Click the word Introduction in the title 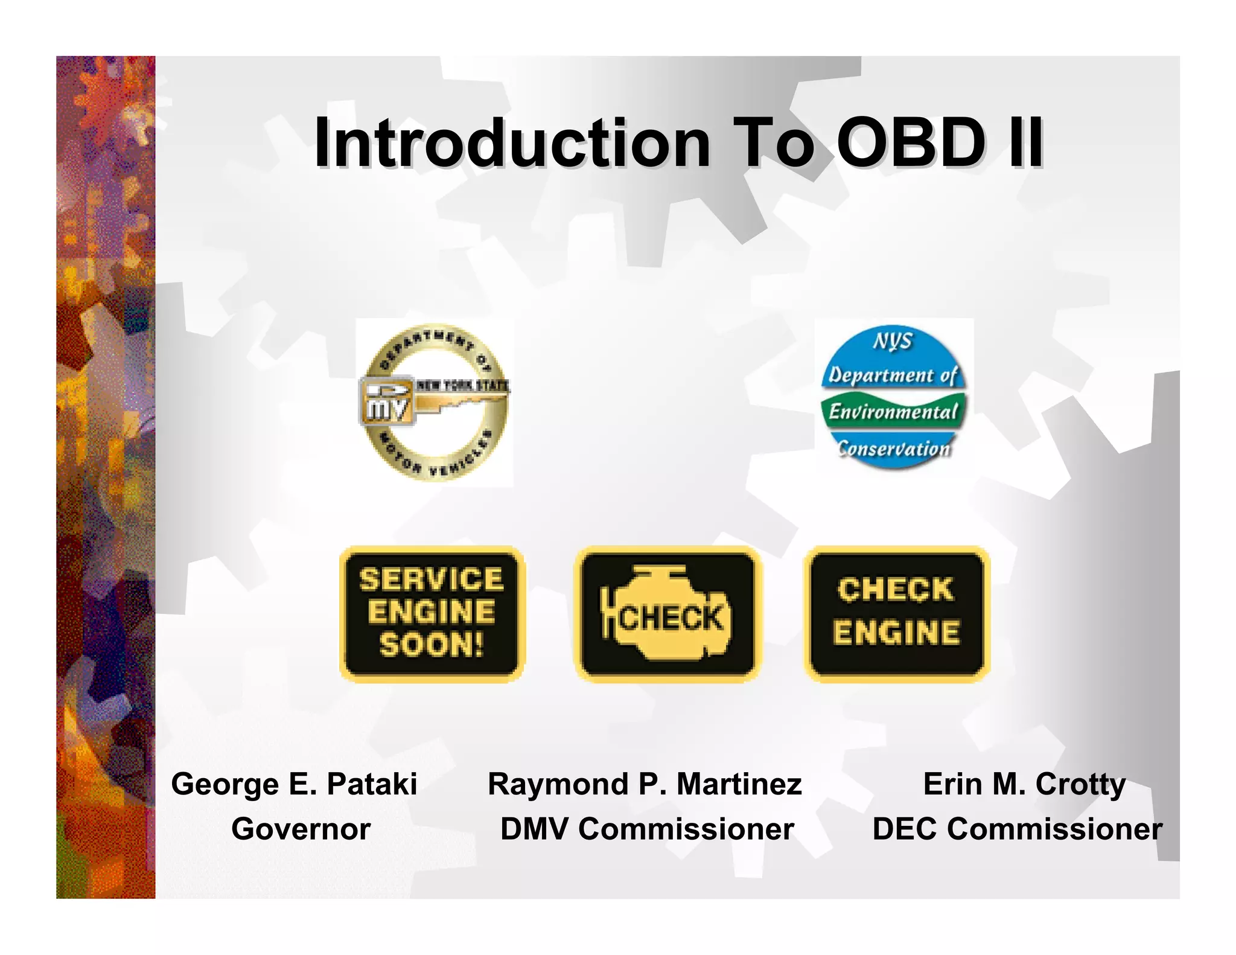click(x=512, y=143)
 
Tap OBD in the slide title click(x=911, y=143)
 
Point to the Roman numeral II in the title click(x=1025, y=143)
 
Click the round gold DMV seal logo click(x=435, y=403)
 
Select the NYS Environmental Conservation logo click(x=894, y=398)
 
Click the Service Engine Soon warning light click(x=432, y=613)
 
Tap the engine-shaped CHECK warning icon click(x=667, y=613)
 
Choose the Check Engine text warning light click(x=897, y=613)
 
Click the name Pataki click(x=372, y=784)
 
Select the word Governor click(x=301, y=829)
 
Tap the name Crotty click(x=1080, y=784)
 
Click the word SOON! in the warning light click(x=432, y=645)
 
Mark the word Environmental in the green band click(x=893, y=412)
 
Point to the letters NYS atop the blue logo click(x=893, y=341)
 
